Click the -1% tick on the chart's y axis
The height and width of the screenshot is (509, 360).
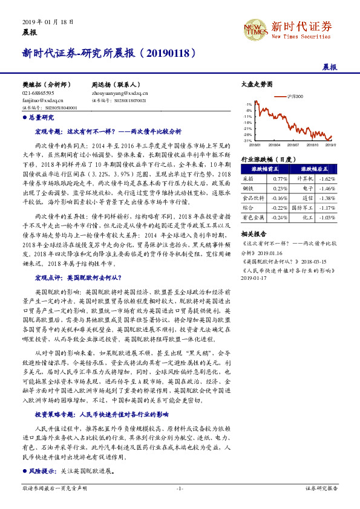[249, 104]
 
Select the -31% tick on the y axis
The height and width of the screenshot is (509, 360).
[248, 141]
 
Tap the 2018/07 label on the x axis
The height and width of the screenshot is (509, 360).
[293, 145]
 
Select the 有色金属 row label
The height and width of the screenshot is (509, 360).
[252, 217]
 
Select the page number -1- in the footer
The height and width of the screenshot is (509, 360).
[180, 488]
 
